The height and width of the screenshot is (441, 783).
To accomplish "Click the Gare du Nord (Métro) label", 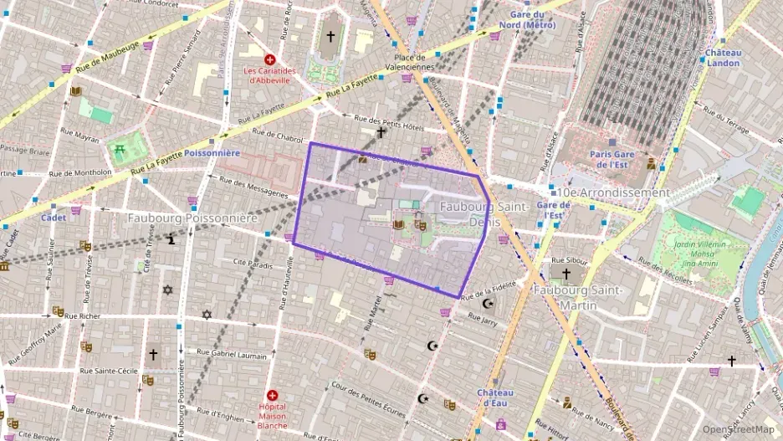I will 527,19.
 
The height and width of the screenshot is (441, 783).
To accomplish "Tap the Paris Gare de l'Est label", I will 613,159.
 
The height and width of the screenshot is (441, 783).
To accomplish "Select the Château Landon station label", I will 724,57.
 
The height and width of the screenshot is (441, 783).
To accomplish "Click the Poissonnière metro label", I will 212,153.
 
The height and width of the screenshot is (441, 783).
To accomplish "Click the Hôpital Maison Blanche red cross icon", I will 272,395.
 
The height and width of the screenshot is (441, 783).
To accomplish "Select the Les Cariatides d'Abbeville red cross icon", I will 269,60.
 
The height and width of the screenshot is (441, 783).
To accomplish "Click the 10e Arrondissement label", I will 615,192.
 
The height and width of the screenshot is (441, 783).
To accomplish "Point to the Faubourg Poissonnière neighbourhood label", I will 192,218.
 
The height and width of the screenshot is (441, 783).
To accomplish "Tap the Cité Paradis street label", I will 253,266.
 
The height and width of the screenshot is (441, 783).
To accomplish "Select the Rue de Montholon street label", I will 80,173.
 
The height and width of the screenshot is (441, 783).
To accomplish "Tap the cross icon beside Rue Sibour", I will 565,274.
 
